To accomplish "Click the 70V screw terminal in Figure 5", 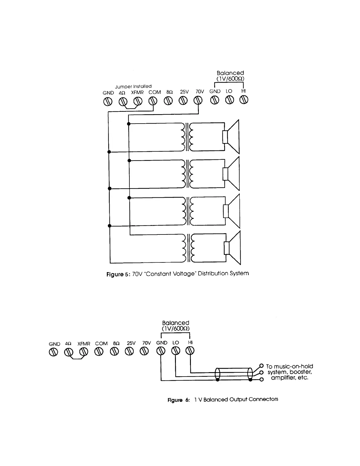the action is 198,101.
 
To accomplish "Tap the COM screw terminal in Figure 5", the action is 153,101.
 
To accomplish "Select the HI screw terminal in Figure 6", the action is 190,351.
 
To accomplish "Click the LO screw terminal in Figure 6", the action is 176,351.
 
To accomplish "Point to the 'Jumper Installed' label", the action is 133,86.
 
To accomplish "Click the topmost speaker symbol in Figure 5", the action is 231,137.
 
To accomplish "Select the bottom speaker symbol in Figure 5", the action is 233,248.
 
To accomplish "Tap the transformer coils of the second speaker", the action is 188,174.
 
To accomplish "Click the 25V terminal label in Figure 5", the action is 184,92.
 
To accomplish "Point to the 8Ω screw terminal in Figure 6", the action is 114,351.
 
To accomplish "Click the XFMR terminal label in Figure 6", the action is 84,344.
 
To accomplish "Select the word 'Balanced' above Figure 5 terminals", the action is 230,73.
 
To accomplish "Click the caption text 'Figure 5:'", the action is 118,274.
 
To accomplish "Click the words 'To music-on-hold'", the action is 289,366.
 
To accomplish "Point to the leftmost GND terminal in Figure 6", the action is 53,352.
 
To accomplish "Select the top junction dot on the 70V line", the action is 129,124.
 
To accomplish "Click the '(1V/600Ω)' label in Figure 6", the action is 176,329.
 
